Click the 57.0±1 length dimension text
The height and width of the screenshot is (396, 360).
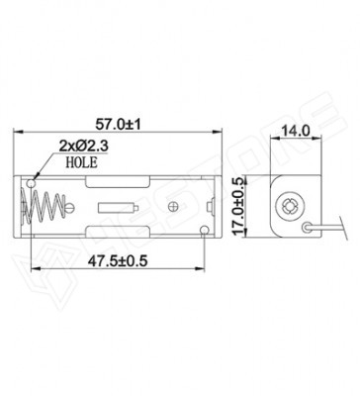tap(118, 125)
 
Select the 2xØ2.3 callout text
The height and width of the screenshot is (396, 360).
tap(84, 146)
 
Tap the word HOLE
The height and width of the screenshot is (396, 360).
tap(82, 162)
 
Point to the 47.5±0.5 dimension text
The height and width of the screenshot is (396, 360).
tap(118, 261)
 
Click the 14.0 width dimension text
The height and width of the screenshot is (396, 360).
tap(295, 132)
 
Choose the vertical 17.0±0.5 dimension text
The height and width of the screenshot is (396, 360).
tap(238, 206)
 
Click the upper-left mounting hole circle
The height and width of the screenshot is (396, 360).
tap(32, 183)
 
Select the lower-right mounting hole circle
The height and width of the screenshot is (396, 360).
tap(205, 230)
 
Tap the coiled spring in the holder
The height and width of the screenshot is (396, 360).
tap(43, 207)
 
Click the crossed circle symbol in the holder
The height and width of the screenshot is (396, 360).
tap(173, 207)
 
